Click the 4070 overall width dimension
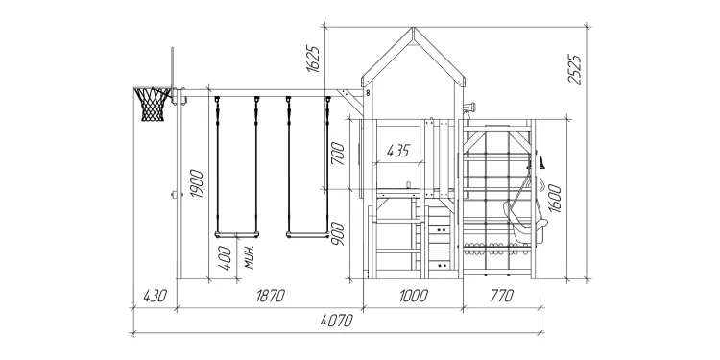point(337,321)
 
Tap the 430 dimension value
point(155,297)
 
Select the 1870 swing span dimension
point(270,297)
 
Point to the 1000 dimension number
point(413,297)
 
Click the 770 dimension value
point(501,297)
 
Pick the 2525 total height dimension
point(574,70)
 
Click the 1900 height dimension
point(197,183)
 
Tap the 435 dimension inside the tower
point(397,151)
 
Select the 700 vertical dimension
point(338,154)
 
